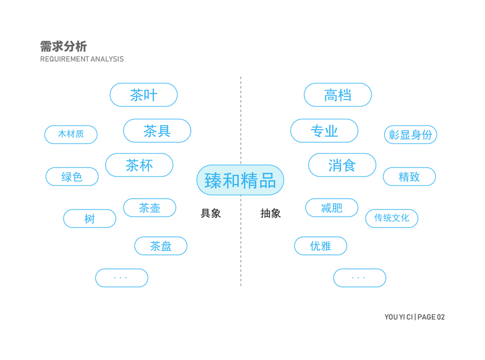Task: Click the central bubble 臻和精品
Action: click(240, 180)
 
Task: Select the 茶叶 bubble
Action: click(143, 95)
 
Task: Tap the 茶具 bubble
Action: click(157, 131)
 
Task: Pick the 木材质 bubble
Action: click(71, 134)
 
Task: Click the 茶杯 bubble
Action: click(139, 165)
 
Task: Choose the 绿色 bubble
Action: click(72, 177)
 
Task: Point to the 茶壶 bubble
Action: click(149, 208)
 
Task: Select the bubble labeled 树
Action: click(89, 219)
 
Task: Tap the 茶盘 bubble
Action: click(161, 246)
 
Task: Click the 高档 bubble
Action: click(337, 95)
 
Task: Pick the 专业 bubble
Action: click(324, 131)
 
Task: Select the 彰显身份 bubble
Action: click(411, 135)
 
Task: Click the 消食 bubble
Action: click(342, 165)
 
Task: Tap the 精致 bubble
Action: click(409, 177)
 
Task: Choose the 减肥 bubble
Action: click(331, 208)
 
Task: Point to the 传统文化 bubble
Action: click(391, 218)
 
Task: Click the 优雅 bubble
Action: click(321, 246)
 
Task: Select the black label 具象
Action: click(211, 214)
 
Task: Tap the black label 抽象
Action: click(271, 214)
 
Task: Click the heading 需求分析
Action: click(64, 47)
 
